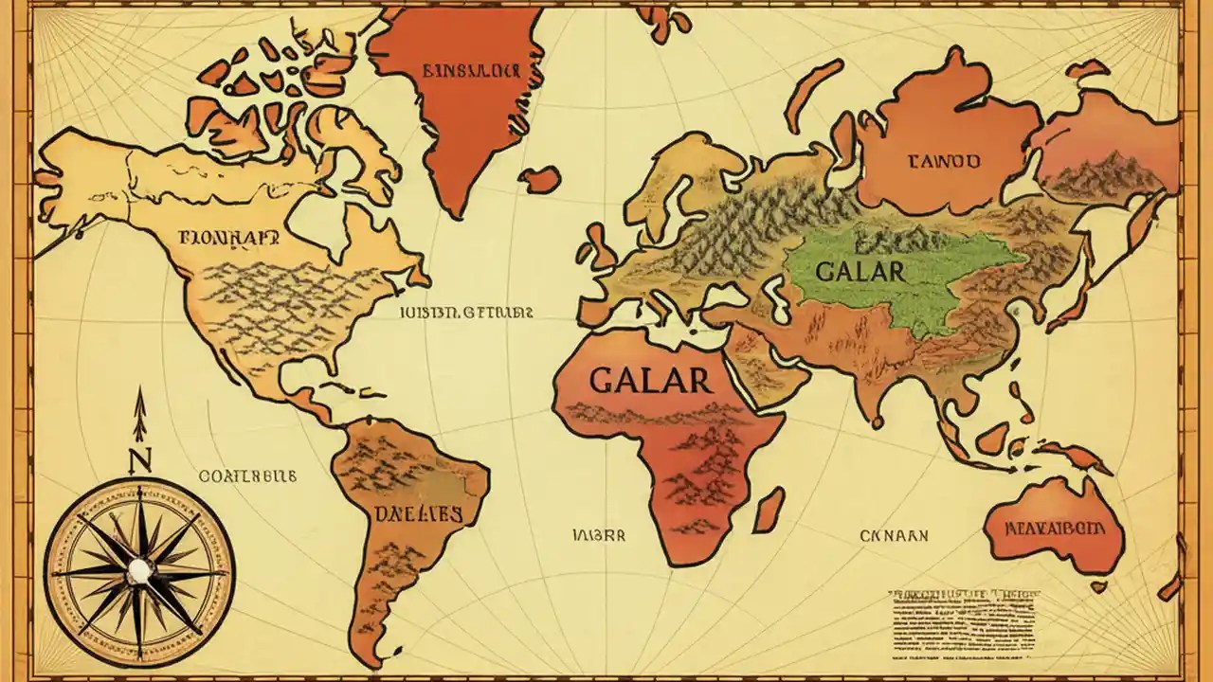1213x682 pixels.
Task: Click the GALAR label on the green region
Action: (x=860, y=270)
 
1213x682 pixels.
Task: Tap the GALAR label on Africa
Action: (x=649, y=380)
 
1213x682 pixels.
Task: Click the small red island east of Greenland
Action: (x=541, y=178)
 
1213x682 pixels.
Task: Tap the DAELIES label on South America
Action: (x=417, y=514)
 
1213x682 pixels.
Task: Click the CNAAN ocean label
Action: (x=894, y=536)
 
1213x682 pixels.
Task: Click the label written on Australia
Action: (x=1055, y=528)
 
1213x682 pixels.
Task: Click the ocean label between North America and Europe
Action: (x=465, y=311)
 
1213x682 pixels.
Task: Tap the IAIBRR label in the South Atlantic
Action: (x=599, y=535)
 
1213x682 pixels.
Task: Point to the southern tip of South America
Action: (x=379, y=658)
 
